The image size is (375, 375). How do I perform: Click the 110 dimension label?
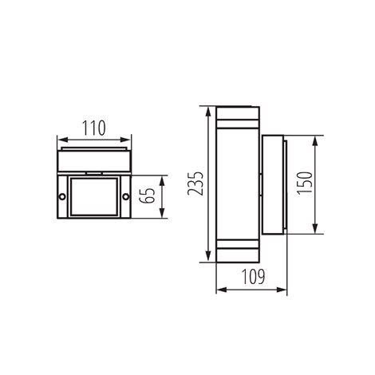93,128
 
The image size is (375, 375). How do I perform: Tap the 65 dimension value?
148,196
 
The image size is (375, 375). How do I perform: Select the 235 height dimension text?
195,184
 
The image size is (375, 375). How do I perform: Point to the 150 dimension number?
305,184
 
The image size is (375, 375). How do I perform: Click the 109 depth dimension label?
253,277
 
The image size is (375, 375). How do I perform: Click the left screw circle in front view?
62,197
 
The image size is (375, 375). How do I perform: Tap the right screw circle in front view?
126,197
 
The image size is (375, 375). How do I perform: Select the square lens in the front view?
94,197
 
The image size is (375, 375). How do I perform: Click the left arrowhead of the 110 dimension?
62,140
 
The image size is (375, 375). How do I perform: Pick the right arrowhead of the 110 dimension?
126,140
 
